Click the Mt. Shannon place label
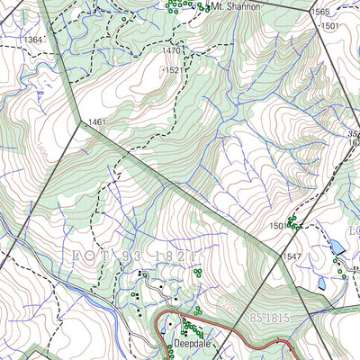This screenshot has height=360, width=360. click(x=235, y=6)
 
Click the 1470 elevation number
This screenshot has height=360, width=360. click(x=172, y=51)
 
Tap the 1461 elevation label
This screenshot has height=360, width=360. click(x=97, y=121)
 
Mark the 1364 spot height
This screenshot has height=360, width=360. click(x=34, y=40)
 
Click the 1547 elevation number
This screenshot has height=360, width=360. click(x=291, y=256)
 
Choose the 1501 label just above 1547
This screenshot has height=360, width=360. click(x=277, y=226)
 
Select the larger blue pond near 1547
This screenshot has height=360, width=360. click(x=336, y=245)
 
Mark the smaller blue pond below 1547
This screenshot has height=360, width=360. click(x=321, y=283)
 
